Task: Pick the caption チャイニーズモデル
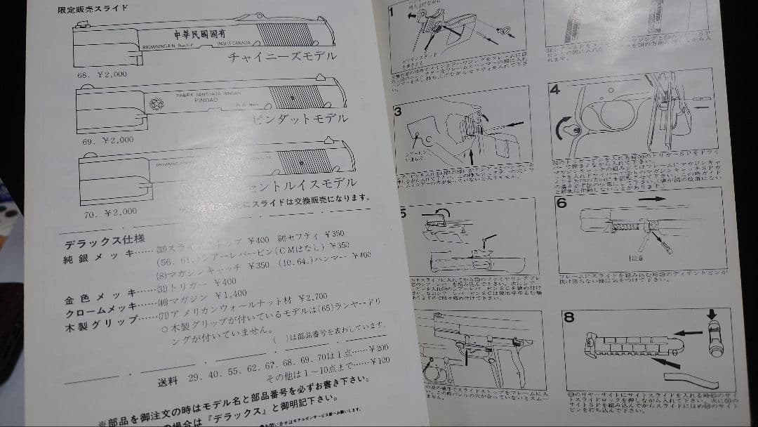pos(283,56)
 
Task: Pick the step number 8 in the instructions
pos(568,317)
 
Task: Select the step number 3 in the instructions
pos(397,112)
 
